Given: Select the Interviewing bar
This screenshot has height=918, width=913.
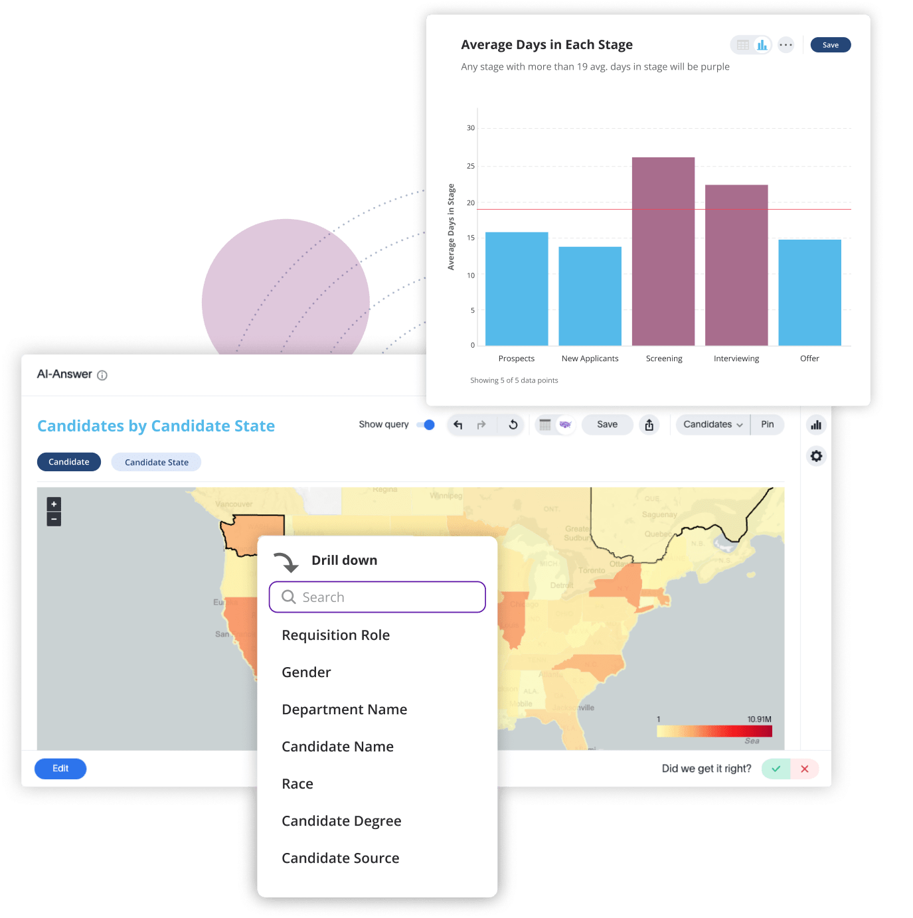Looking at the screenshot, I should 736,265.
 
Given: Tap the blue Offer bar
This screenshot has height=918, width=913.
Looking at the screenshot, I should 809,292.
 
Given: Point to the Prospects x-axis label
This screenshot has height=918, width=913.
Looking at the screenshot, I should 516,358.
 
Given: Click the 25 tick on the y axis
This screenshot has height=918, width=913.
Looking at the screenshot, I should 471,166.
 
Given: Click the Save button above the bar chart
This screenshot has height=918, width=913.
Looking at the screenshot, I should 830,45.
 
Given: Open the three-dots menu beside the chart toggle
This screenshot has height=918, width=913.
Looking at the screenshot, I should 786,45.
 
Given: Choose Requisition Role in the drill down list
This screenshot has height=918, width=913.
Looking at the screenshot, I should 335,635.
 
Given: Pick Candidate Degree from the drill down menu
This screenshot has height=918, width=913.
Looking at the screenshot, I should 341,821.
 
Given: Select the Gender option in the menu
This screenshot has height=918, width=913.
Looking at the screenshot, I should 306,672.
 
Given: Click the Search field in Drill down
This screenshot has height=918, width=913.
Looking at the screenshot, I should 377,597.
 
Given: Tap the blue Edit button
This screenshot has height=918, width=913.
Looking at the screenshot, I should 60,769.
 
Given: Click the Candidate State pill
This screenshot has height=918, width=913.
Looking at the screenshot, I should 156,462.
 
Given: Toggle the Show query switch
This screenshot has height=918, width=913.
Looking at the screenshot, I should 426,425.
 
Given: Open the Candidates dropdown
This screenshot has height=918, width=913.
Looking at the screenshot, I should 712,425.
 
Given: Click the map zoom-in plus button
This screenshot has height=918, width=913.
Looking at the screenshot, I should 54,504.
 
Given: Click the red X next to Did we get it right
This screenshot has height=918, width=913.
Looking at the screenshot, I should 804,769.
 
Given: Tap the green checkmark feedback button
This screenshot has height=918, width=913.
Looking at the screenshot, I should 776,769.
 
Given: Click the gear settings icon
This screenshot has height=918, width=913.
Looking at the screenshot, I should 816,456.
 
